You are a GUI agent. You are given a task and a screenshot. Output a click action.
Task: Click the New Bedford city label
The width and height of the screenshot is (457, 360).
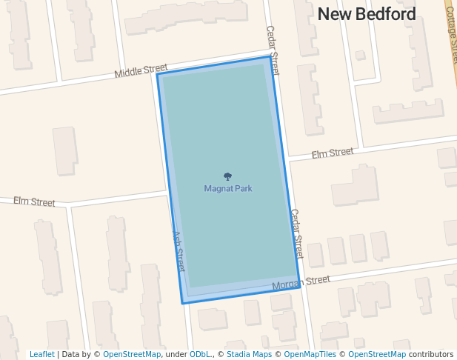(367, 13)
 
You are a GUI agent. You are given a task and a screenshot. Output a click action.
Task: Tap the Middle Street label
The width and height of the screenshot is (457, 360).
(141, 71)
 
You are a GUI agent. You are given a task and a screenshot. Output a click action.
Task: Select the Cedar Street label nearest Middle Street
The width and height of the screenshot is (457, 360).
(273, 51)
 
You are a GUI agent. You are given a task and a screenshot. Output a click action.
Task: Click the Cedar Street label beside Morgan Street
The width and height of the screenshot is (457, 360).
(296, 233)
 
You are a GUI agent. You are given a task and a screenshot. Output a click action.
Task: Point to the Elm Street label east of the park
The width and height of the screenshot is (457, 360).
(332, 153)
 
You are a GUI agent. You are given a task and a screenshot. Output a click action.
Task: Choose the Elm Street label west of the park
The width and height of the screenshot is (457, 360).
(34, 201)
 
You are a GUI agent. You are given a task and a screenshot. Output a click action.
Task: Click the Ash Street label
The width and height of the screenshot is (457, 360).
(179, 250)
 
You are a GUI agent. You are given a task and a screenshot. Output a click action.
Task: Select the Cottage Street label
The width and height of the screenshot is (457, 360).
(452, 37)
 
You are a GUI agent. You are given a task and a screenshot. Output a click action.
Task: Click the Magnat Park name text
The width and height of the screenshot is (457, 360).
(228, 189)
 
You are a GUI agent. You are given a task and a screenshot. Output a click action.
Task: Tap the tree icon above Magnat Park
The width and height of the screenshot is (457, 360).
(227, 177)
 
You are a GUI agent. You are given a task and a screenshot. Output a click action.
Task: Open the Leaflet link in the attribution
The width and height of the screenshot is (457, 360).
(41, 355)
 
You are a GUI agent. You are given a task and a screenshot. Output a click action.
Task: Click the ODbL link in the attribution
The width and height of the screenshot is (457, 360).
(201, 355)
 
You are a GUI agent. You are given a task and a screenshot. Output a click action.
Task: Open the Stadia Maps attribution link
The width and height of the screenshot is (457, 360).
(249, 355)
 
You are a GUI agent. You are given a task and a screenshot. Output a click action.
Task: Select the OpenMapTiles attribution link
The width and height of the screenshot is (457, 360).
(310, 355)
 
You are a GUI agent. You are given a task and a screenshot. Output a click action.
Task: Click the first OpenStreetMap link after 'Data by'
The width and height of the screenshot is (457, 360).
(131, 355)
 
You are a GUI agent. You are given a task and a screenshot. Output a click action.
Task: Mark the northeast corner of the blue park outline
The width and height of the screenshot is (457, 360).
(270, 57)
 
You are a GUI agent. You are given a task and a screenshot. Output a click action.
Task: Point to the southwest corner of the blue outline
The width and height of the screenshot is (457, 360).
(182, 303)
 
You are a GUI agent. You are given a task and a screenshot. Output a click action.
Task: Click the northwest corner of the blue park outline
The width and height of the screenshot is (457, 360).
(156, 74)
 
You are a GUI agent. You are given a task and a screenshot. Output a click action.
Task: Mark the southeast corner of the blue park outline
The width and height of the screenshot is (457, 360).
(300, 287)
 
